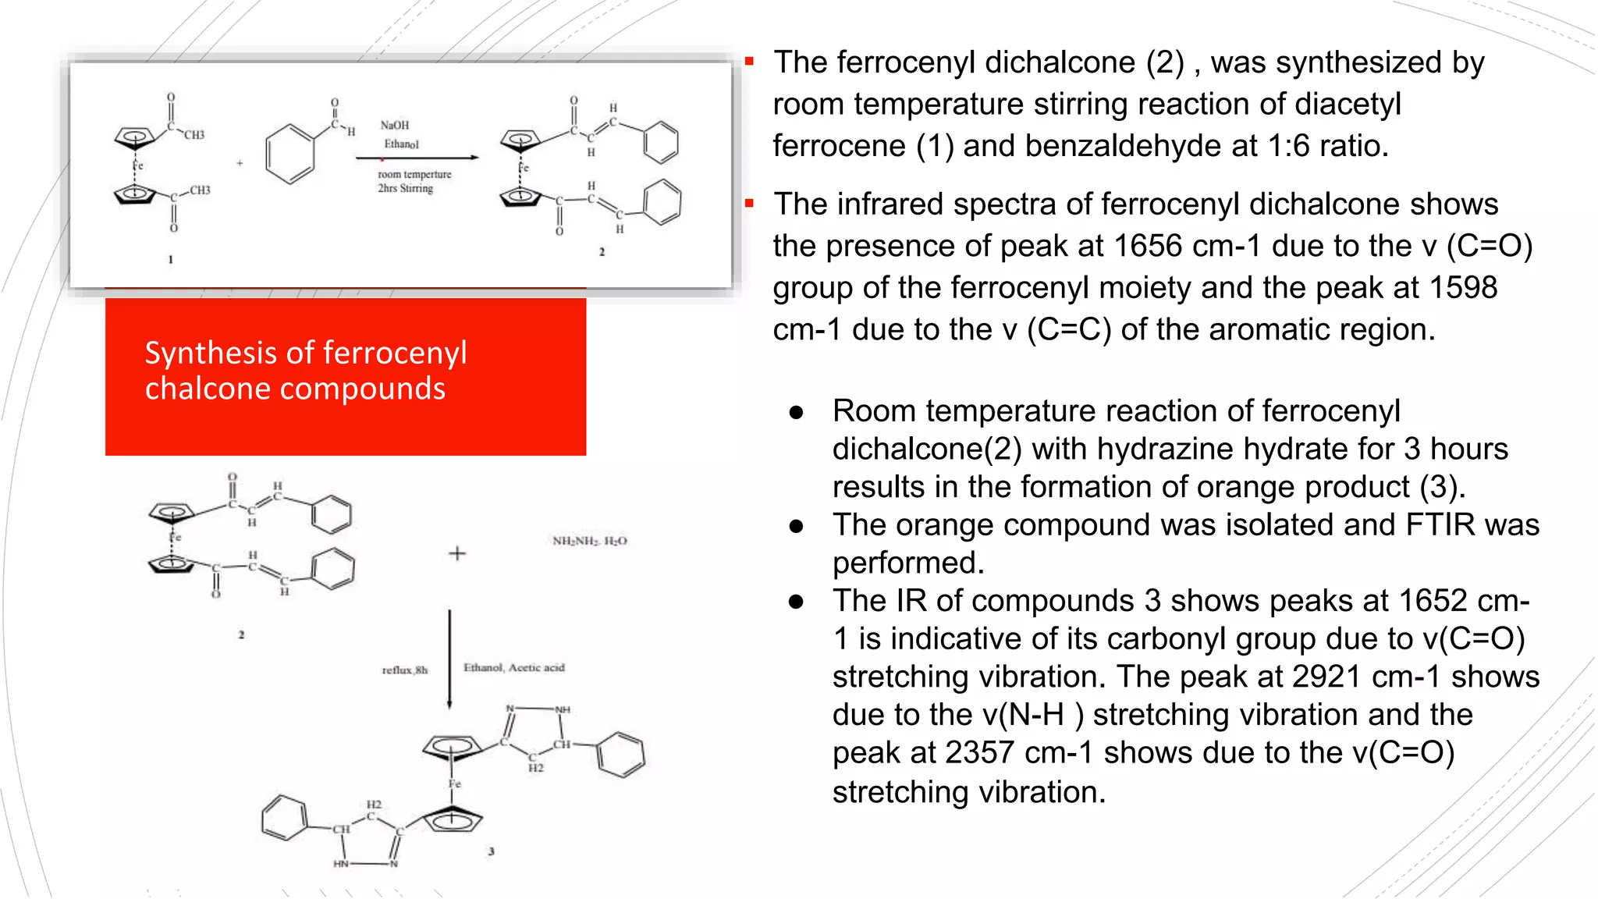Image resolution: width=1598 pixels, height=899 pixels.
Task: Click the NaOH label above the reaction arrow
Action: [x=394, y=125]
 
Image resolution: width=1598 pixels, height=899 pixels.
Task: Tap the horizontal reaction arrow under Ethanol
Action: [x=417, y=158]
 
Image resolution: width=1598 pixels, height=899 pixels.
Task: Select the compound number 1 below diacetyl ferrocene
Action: [x=170, y=259]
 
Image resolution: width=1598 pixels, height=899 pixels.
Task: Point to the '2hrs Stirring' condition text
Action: [x=405, y=188]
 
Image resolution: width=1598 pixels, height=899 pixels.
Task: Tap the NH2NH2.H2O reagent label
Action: [x=589, y=541]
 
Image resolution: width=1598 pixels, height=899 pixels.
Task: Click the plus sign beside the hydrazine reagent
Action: [x=457, y=554]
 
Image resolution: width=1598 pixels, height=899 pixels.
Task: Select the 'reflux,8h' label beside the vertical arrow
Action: [x=404, y=670]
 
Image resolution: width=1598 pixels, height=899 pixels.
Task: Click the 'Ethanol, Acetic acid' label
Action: [x=513, y=667]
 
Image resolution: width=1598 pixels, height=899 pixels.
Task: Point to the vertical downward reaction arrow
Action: [x=449, y=659]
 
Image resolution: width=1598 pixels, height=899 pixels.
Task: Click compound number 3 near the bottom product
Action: [x=491, y=851]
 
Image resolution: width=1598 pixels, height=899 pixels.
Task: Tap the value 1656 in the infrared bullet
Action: [x=1148, y=246]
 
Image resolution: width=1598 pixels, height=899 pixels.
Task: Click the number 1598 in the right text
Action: [x=1463, y=287]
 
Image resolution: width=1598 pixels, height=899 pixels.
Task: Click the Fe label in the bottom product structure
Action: [x=454, y=784]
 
